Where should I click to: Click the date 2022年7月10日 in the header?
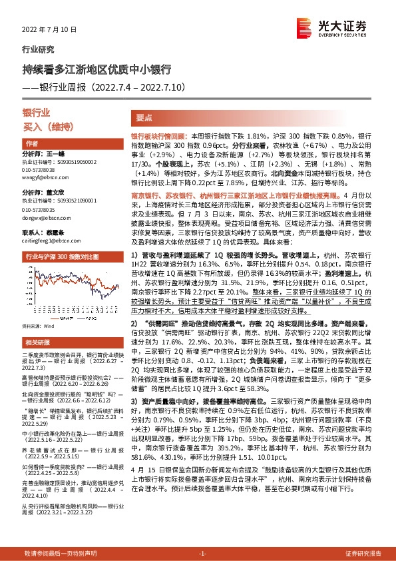click(50, 31)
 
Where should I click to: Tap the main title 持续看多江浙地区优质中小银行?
click(99, 69)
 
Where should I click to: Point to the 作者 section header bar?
click(67, 144)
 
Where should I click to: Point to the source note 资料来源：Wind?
click(37, 326)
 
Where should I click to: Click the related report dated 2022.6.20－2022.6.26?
click(67, 384)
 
